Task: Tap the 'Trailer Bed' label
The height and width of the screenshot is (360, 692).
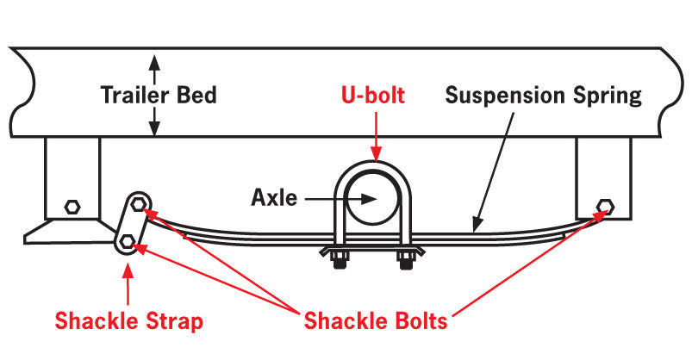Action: [158, 94]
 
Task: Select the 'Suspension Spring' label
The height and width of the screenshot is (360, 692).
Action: [543, 94]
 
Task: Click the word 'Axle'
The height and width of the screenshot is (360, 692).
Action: [274, 197]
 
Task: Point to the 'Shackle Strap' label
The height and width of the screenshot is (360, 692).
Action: [128, 322]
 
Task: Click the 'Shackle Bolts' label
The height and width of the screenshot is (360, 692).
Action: [376, 322]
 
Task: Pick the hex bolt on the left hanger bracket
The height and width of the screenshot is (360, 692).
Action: [72, 207]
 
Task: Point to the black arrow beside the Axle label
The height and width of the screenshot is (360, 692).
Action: [336, 197]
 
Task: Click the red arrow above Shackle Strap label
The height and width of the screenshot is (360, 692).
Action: [128, 284]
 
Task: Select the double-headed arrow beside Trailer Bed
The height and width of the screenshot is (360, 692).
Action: [154, 94]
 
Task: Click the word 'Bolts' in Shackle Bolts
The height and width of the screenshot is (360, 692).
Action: [418, 322]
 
